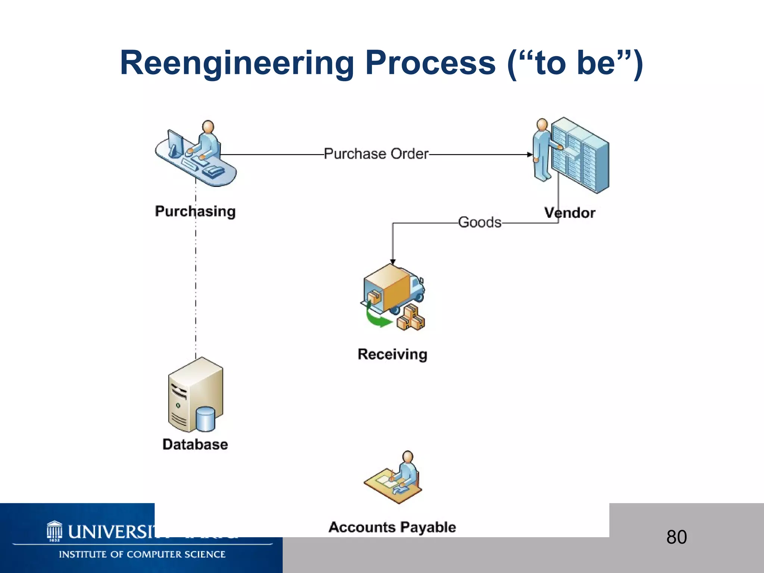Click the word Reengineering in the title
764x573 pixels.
[x=237, y=63]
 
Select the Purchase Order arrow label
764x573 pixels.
[x=376, y=154]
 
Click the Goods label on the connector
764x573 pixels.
[x=480, y=222]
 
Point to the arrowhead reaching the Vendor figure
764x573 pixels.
[x=529, y=154]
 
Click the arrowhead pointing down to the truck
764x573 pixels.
[x=392, y=262]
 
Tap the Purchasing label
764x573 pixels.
[x=195, y=211]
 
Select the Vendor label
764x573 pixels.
[x=570, y=213]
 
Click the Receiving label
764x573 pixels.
[x=392, y=354]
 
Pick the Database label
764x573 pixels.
[x=195, y=444]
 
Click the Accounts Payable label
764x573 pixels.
[x=392, y=527]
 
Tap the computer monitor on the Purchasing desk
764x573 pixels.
[x=175, y=144]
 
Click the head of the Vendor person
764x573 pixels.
[x=542, y=125]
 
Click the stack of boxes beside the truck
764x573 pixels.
[x=411, y=318]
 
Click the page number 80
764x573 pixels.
[x=676, y=537]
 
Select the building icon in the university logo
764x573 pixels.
[x=54, y=531]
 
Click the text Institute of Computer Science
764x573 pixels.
[x=142, y=554]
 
